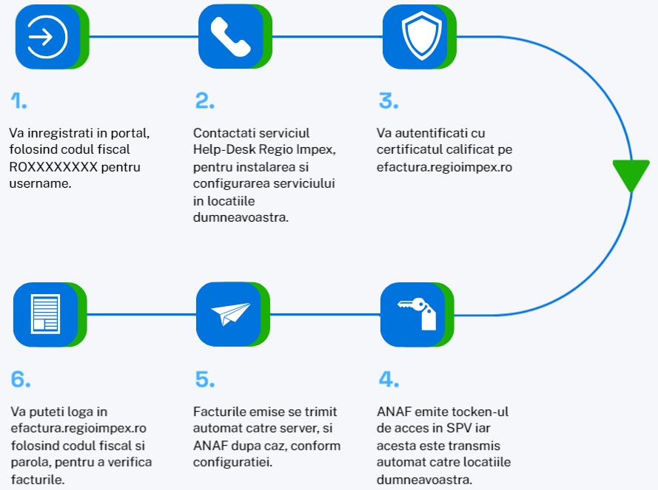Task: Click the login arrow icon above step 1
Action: coord(47,36)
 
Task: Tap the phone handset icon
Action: coord(230,36)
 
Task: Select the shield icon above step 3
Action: coord(415,36)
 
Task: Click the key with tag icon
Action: coord(415,313)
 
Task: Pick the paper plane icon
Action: coord(230,313)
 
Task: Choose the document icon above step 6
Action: coord(47,313)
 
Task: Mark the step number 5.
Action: coord(205,380)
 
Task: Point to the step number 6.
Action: coord(21,380)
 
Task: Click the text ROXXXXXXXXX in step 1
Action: coord(53,167)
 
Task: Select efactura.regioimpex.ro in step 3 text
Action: coord(444,167)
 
